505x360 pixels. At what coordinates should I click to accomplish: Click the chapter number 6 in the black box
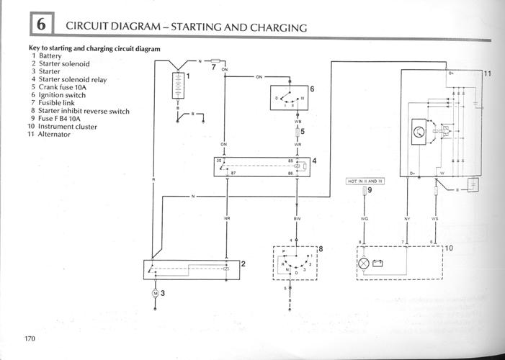click(x=41, y=24)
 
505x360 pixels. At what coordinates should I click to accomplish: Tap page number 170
click(x=30, y=338)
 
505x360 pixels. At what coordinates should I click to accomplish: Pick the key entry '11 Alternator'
click(x=50, y=135)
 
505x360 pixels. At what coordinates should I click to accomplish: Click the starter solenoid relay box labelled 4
click(x=262, y=166)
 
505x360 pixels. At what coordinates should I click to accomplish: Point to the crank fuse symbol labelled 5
click(x=298, y=132)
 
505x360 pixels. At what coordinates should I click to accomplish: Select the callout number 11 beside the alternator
click(x=487, y=74)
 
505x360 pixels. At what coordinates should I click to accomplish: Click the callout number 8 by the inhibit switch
click(x=321, y=249)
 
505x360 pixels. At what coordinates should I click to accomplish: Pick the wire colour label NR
click(x=226, y=217)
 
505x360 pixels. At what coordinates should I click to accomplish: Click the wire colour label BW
click(x=297, y=217)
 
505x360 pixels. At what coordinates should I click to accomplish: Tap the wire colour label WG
click(x=365, y=217)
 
